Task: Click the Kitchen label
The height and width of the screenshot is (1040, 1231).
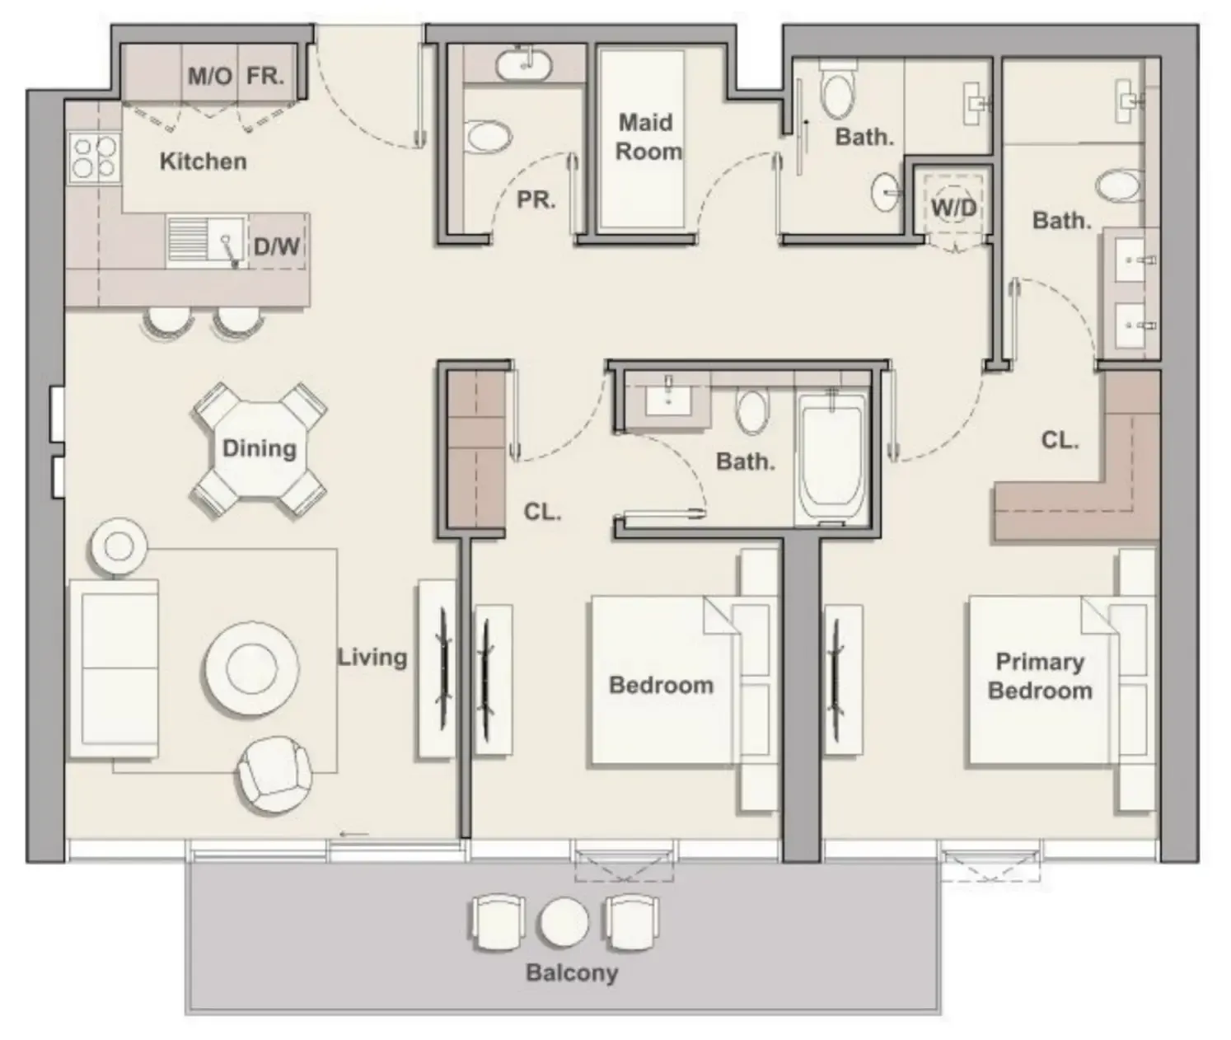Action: pyautogui.click(x=203, y=161)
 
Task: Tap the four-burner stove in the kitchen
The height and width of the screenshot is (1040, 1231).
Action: pyautogui.click(x=93, y=157)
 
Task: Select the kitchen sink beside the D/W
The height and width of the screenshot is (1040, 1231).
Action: pyautogui.click(x=206, y=242)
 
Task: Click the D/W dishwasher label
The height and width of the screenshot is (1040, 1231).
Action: pyautogui.click(x=276, y=246)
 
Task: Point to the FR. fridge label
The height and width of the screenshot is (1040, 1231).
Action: pyautogui.click(x=265, y=77)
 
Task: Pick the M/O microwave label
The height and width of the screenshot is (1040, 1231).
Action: pyautogui.click(x=210, y=77)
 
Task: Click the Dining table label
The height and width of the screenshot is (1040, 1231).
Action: pyautogui.click(x=259, y=448)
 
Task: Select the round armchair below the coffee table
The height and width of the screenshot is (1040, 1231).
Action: pyautogui.click(x=274, y=774)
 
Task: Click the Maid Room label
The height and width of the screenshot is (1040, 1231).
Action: pyautogui.click(x=648, y=137)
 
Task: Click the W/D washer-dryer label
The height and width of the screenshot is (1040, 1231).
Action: pyautogui.click(x=953, y=207)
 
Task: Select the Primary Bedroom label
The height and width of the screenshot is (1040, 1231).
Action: pyautogui.click(x=1039, y=676)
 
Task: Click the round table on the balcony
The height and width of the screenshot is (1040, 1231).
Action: pyautogui.click(x=564, y=921)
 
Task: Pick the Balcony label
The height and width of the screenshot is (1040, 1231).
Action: pyautogui.click(x=571, y=972)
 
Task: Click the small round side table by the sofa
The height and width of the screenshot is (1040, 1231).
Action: pyautogui.click(x=119, y=546)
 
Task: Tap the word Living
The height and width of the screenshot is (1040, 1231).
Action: pyautogui.click(x=372, y=657)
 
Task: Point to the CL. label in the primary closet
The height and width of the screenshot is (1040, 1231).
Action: pyautogui.click(x=1060, y=440)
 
